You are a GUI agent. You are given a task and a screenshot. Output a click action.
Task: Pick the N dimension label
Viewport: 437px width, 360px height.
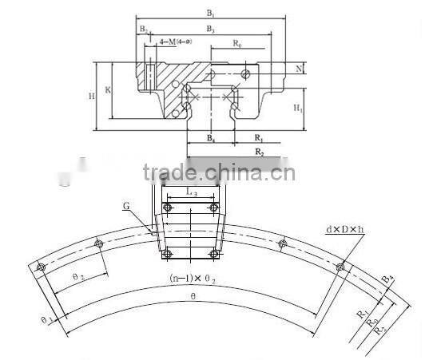tap(298, 69)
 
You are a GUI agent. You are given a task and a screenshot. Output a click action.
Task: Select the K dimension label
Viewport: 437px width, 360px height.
tap(108, 89)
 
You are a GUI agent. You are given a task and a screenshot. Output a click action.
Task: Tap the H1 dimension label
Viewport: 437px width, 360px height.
tap(297, 106)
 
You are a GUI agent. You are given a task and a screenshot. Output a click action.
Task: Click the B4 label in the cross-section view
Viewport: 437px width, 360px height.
tap(211, 139)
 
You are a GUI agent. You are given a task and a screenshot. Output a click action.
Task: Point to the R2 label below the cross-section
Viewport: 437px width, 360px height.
tap(260, 151)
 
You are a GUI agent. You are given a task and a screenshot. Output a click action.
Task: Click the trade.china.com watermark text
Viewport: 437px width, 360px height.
tap(218, 172)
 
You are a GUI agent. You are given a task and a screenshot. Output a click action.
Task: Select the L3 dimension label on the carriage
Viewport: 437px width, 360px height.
tap(191, 192)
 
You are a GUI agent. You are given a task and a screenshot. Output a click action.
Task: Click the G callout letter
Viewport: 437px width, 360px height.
tap(126, 206)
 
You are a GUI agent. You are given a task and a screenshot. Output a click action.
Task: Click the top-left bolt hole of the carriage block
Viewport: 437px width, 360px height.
tap(167, 208)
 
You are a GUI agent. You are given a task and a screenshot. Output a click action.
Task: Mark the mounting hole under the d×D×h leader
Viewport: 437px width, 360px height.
tap(340, 267)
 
